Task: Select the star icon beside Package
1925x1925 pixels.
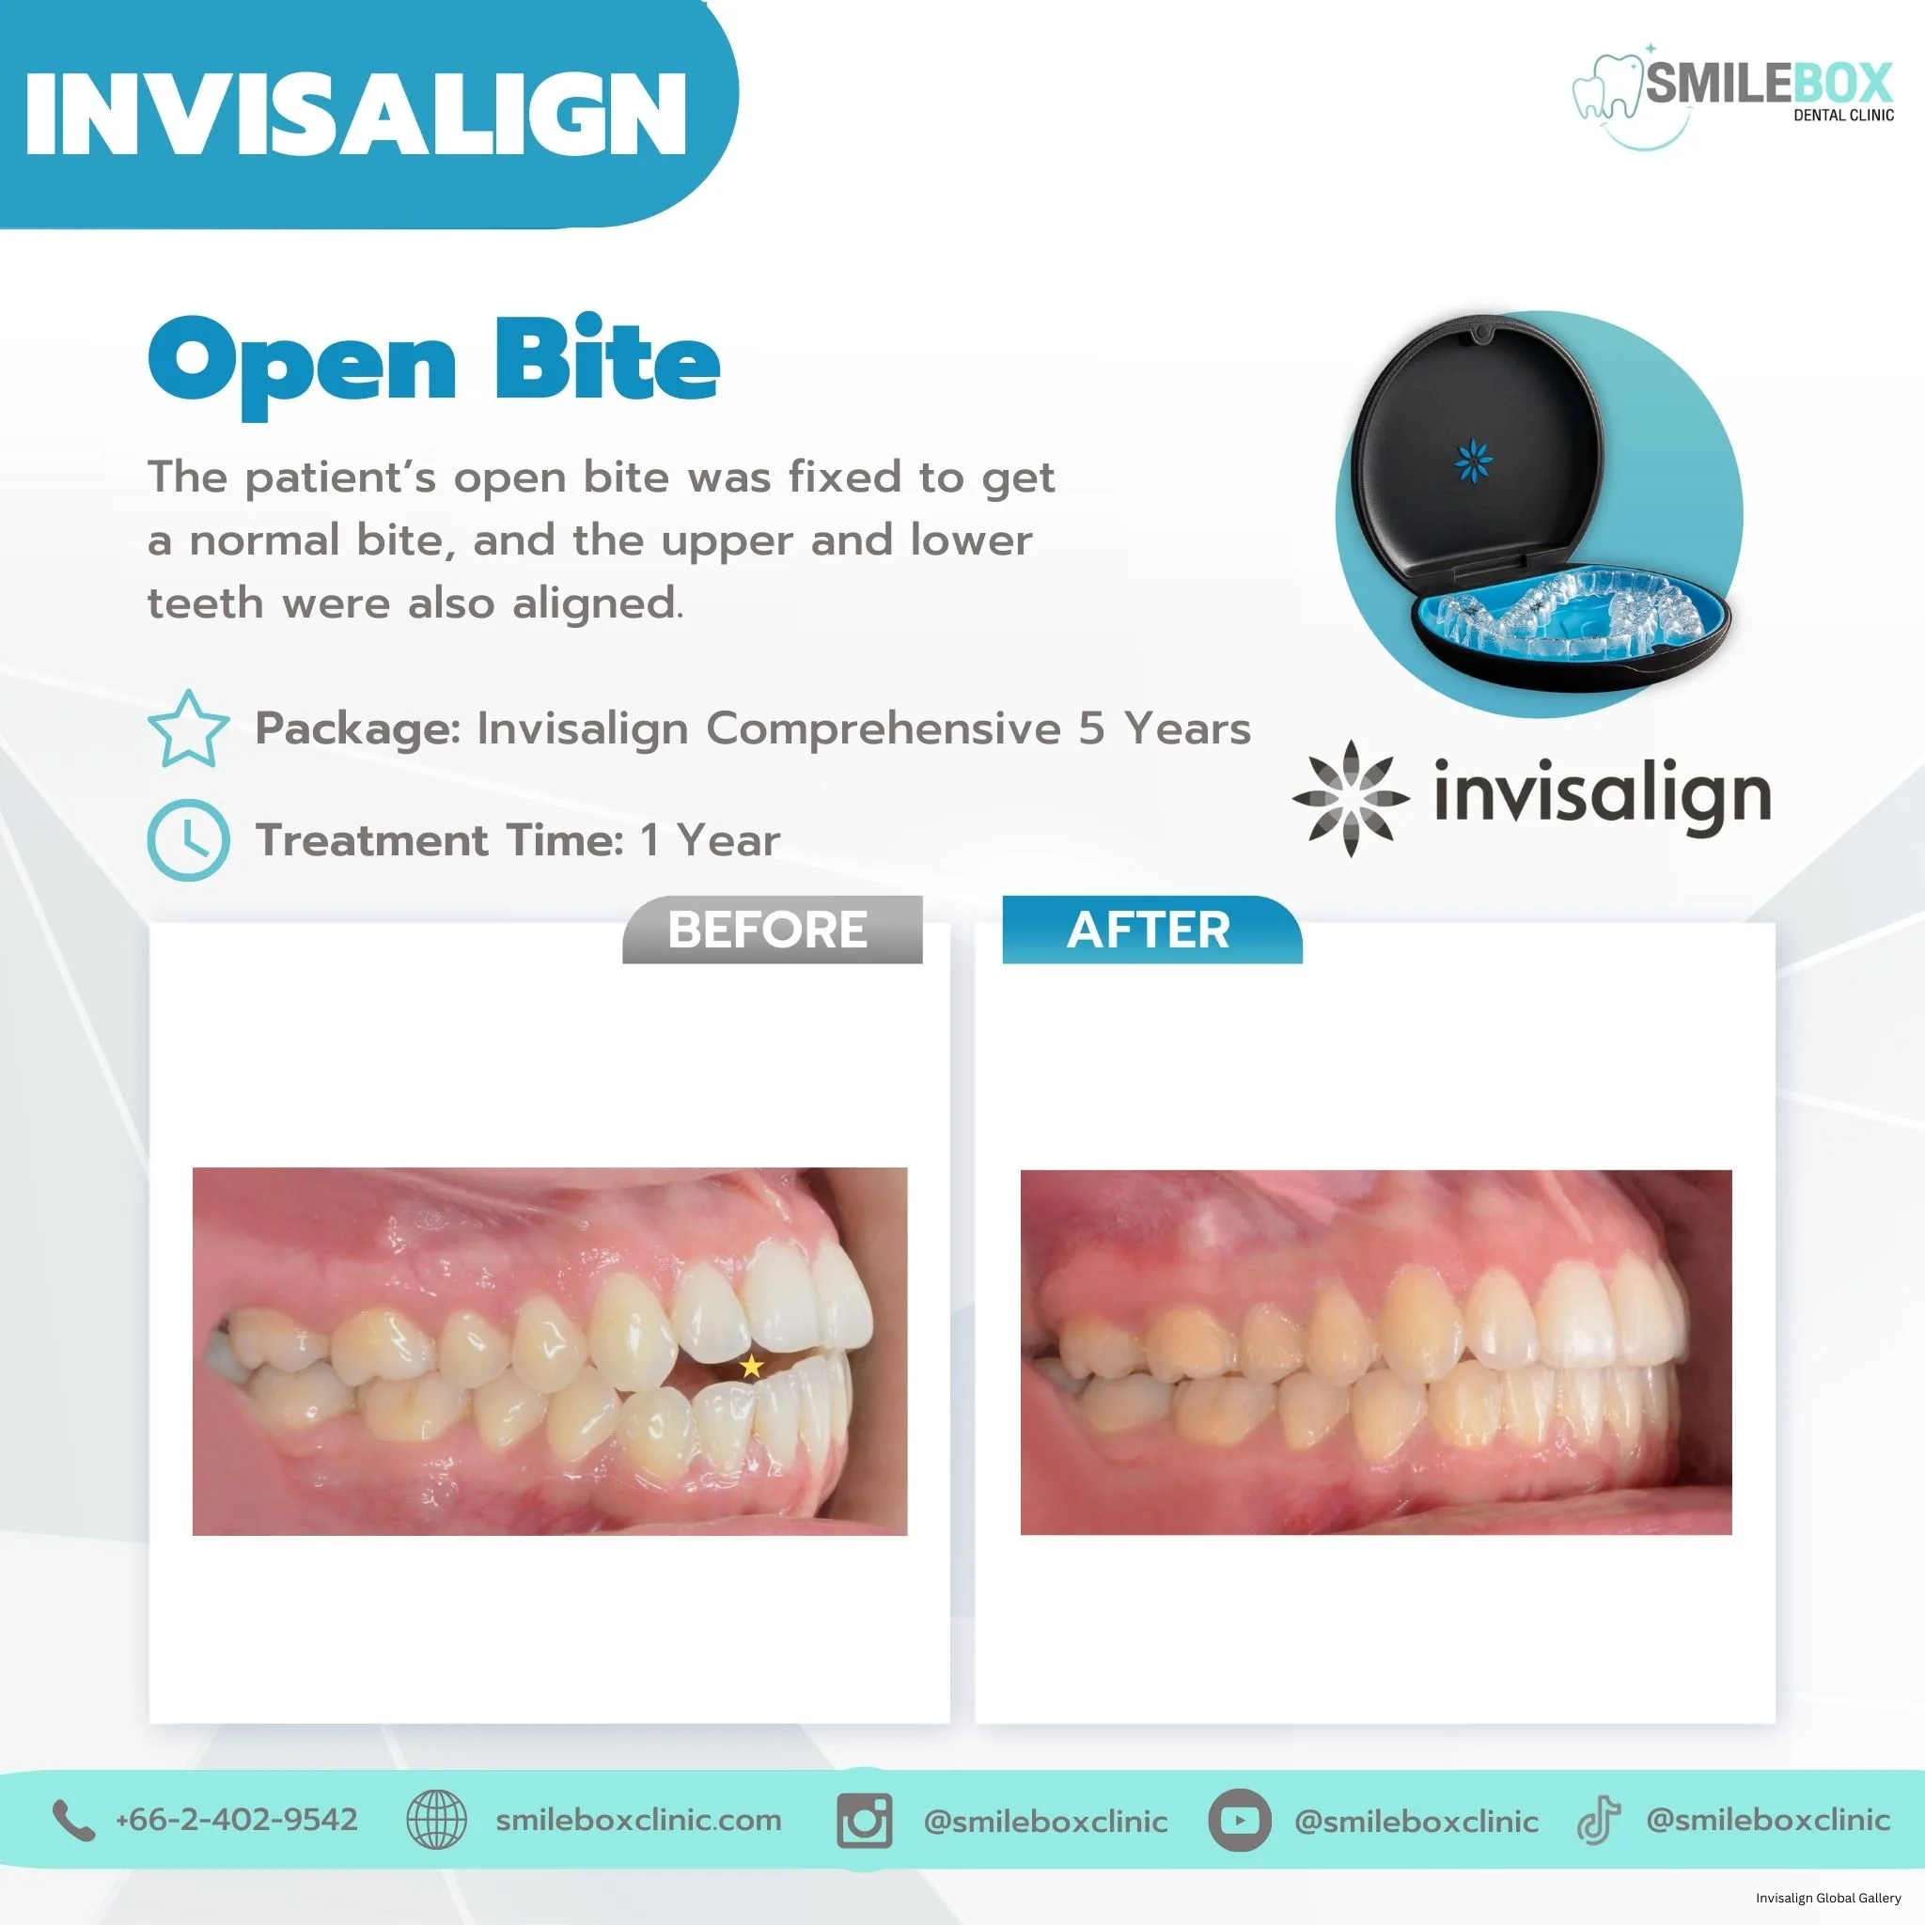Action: (x=188, y=729)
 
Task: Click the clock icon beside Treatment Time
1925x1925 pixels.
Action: (x=188, y=840)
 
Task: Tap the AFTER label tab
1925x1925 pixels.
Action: (x=1150, y=930)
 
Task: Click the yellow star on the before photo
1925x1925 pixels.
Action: (x=751, y=1366)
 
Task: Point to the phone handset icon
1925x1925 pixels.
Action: (x=72, y=1821)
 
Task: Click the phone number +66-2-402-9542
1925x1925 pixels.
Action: (x=236, y=1820)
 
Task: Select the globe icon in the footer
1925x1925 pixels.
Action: (x=436, y=1820)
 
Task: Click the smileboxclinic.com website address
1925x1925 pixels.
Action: (x=638, y=1820)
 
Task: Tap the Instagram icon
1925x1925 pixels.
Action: (x=865, y=1821)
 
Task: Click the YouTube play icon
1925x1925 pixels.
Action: (x=1239, y=1821)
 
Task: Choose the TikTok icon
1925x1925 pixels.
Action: (x=1598, y=1821)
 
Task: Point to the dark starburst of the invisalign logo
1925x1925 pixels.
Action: (x=1350, y=798)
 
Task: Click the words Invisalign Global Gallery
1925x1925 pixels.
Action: (x=1828, y=1898)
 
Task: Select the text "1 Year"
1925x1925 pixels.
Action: (x=711, y=840)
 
